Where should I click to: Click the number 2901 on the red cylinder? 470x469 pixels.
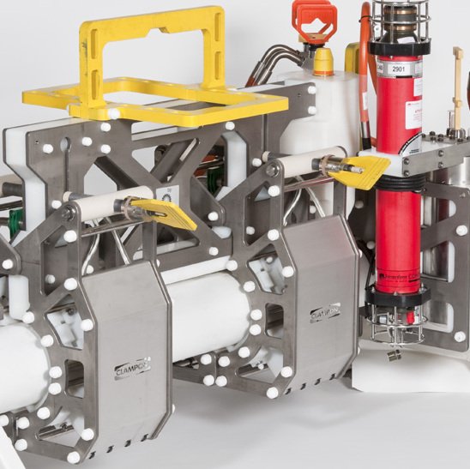click(x=398, y=69)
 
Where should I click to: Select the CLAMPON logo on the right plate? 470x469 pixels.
click(x=325, y=313)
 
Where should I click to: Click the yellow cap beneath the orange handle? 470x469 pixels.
click(x=323, y=62)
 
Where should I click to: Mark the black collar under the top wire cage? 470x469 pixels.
click(x=398, y=46)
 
